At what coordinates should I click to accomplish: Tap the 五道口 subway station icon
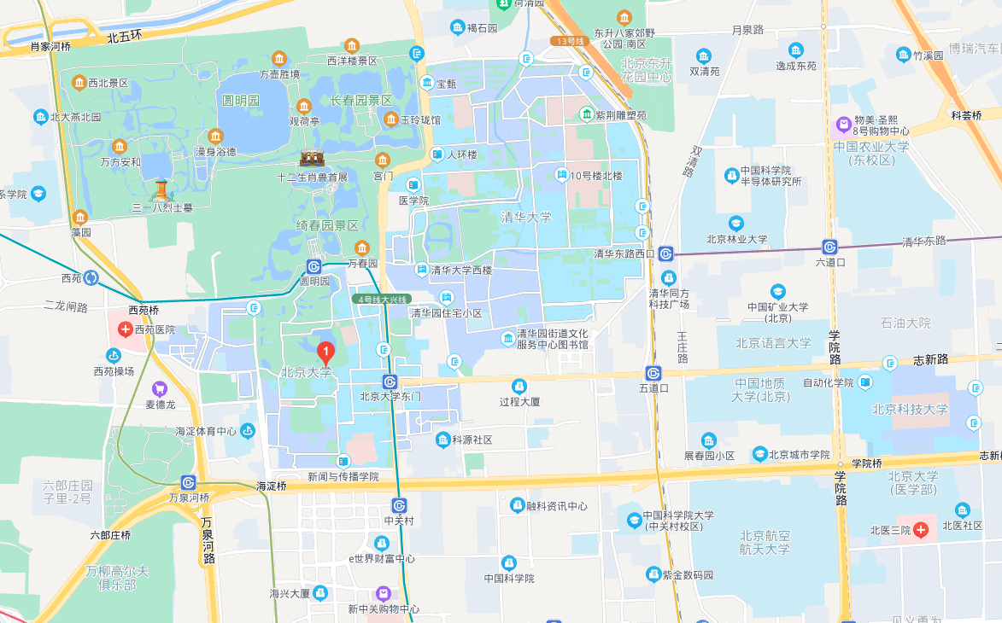(x=653, y=373)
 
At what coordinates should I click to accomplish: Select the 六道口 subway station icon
(x=829, y=246)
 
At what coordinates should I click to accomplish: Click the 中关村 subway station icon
(x=399, y=505)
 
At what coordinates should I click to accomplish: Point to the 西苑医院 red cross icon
(x=125, y=329)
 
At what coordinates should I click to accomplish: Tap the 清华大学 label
(x=526, y=218)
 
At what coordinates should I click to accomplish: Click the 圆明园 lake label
(x=241, y=100)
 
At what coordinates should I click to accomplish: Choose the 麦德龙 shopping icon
(x=159, y=389)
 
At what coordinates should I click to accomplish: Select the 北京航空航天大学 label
(x=765, y=542)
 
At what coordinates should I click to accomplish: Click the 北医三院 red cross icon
(x=921, y=530)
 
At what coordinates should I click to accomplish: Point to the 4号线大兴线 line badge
(x=382, y=300)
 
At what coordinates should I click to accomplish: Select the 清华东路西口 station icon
(x=665, y=253)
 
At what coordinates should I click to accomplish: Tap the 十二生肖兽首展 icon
(x=312, y=160)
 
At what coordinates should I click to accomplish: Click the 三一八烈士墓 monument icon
(x=161, y=189)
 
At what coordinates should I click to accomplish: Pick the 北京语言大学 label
(x=774, y=343)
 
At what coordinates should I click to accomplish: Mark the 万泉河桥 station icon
(x=189, y=482)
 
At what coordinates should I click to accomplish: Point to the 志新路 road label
(x=930, y=359)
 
